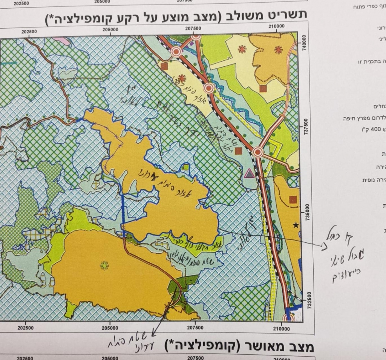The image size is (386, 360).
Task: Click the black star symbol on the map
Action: [x=296, y=225]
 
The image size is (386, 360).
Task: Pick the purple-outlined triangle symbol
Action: [x=249, y=174]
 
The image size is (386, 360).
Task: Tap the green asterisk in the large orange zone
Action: [x=104, y=266]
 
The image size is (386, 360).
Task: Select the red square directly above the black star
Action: [x=293, y=199]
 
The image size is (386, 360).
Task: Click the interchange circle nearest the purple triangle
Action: [x=258, y=152]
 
